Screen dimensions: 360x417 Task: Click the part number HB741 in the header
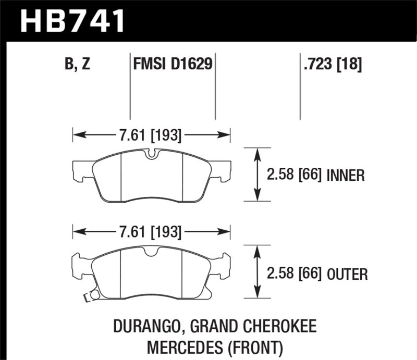tap(72, 21)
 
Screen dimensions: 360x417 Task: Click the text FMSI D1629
tap(172, 65)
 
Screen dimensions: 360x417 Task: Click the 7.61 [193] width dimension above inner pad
tap(150, 136)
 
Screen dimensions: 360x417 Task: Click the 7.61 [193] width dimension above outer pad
tap(150, 231)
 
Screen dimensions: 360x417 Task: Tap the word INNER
tap(345, 175)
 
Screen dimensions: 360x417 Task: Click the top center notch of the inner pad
tap(151, 154)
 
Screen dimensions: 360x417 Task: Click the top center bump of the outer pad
tap(151, 252)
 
